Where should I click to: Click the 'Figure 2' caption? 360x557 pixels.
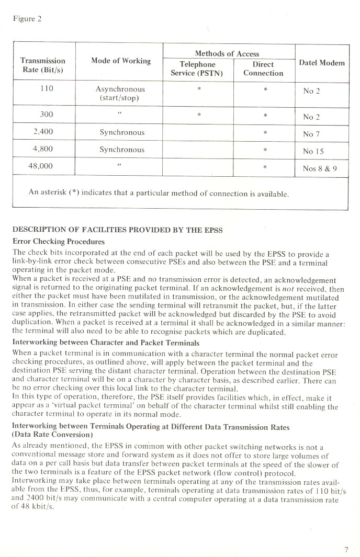[x=27, y=19]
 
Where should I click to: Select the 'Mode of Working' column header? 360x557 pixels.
[x=120, y=61]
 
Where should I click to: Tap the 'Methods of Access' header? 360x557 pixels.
[x=227, y=53]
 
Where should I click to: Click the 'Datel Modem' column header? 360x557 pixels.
[x=321, y=63]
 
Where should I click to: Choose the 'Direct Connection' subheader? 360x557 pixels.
[x=263, y=69]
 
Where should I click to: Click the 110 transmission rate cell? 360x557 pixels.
[x=47, y=89]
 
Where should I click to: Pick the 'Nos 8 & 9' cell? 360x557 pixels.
[x=319, y=168]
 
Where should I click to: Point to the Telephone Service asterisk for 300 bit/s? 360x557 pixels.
[x=199, y=115]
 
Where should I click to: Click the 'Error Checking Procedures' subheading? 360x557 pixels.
[x=59, y=242]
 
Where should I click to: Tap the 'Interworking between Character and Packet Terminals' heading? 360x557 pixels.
[x=106, y=343]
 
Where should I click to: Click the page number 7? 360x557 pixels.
[x=346, y=549]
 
